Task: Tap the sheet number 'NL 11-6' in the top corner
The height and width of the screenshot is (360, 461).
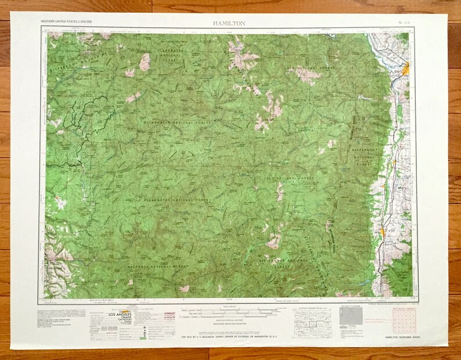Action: [406, 21]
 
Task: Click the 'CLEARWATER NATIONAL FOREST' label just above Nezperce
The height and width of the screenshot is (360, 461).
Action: [177, 200]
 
